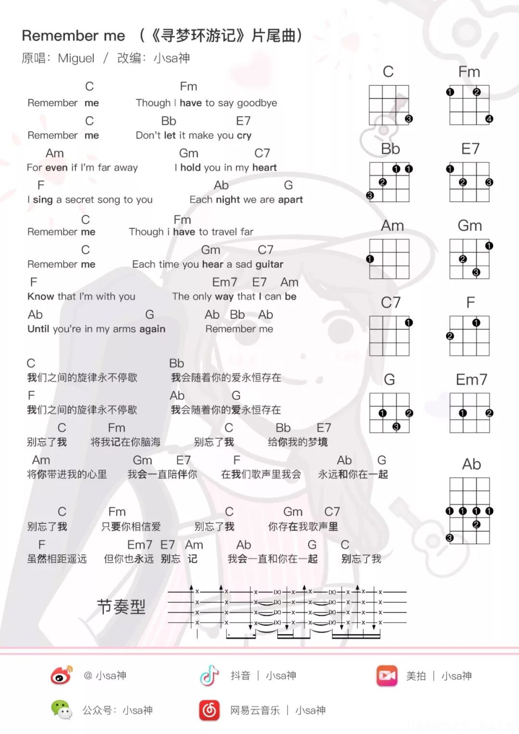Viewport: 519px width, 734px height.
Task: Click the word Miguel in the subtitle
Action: (76, 58)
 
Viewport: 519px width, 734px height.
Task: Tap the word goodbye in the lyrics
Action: (257, 103)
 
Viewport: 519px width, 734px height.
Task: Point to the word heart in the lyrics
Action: (264, 167)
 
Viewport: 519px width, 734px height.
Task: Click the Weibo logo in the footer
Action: (62, 675)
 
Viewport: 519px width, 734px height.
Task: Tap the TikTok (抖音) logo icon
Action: (209, 675)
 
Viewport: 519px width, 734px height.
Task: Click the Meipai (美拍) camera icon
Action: (387, 675)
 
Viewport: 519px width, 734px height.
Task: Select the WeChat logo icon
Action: (61, 710)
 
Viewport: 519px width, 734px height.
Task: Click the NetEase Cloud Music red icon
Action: (209, 710)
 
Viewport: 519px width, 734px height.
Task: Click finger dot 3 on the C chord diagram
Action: (409, 119)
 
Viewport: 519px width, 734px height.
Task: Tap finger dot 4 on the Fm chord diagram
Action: (489, 119)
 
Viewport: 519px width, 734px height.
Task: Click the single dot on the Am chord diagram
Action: (370, 259)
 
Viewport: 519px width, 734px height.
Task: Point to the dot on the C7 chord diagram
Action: (409, 323)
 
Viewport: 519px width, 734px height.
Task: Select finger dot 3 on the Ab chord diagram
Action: (450, 538)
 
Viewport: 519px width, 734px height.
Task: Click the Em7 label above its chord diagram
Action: (471, 380)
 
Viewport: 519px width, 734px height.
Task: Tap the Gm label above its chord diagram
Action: (470, 226)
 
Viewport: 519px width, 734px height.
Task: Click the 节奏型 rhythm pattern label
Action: (121, 607)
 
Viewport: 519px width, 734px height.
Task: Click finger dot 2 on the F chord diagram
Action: (450, 336)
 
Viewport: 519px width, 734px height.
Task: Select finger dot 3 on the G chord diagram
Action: (396, 427)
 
